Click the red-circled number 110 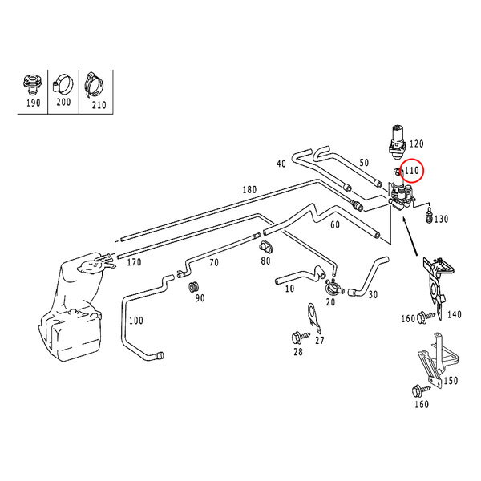coord(412,171)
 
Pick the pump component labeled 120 coord(396,139)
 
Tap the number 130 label coord(442,219)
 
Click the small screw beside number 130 coord(430,216)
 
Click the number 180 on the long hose coord(249,190)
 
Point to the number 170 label coord(133,261)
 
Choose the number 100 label coord(136,321)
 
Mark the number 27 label coord(320,341)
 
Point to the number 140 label coord(455,315)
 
